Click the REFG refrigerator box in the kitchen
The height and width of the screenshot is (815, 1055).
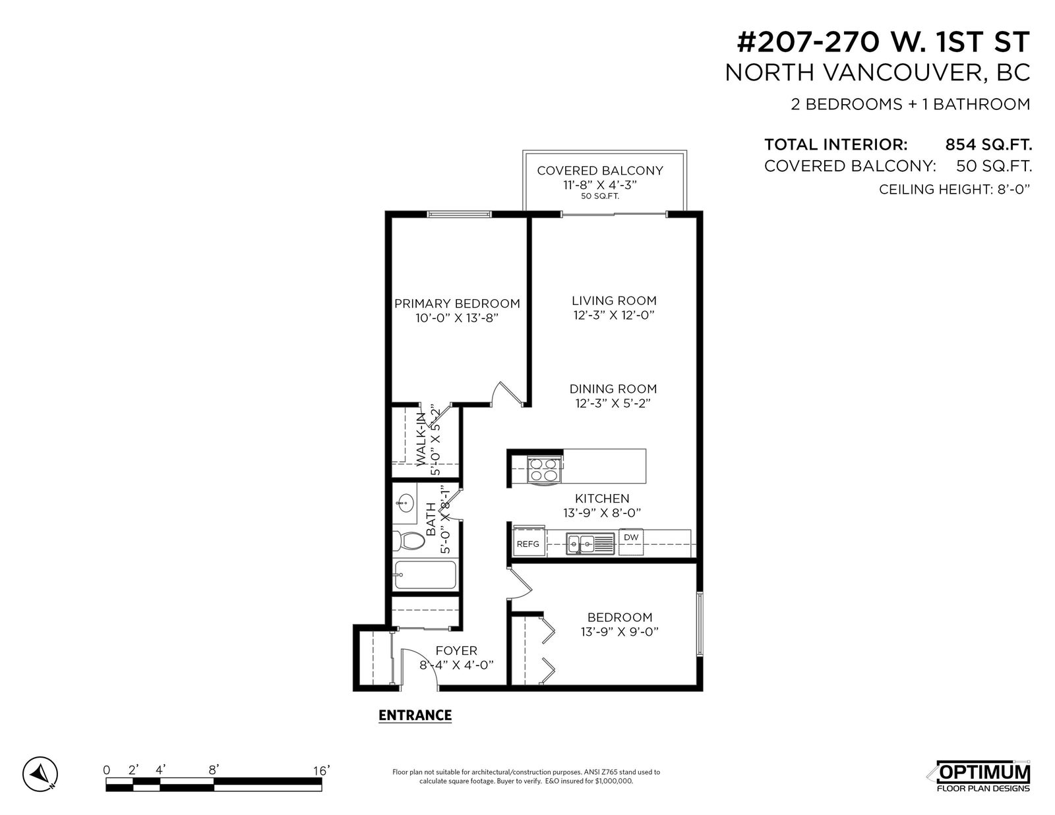click(528, 542)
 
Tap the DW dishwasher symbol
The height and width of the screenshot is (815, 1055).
click(630, 542)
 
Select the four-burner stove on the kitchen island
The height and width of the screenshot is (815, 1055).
click(543, 470)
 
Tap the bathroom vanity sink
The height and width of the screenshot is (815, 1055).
click(404, 503)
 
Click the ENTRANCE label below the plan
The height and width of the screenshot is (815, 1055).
click(415, 716)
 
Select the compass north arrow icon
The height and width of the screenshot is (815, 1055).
click(40, 773)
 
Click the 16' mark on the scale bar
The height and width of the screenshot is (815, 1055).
click(321, 770)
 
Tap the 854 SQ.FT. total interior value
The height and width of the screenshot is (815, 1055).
click(988, 144)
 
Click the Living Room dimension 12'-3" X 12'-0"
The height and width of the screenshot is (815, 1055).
click(614, 316)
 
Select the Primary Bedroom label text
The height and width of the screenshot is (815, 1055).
click(457, 304)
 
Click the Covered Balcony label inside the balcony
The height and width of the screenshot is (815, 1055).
click(600, 171)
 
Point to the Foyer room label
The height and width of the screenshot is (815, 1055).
click(456, 650)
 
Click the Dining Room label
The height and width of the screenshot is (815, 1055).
click(613, 389)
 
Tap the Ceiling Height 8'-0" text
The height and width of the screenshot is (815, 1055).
click(955, 189)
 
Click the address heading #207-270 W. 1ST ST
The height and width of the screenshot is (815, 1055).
click(883, 42)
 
